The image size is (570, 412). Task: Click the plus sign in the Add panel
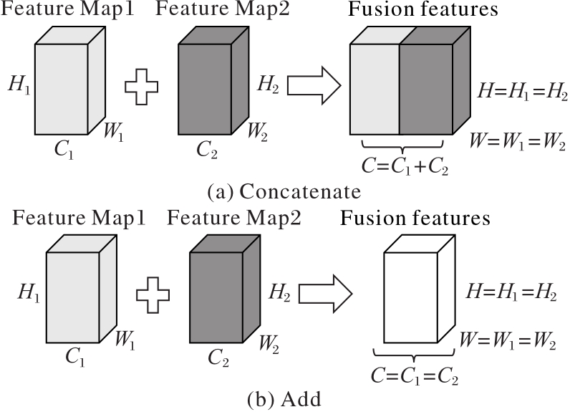pos(153,294)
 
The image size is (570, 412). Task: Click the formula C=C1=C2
pos(415,375)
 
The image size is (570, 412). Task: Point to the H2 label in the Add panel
pos(279,292)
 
